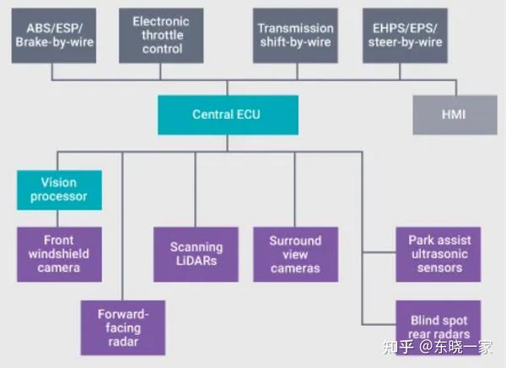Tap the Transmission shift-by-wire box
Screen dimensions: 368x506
click(x=295, y=35)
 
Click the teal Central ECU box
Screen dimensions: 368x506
click(x=228, y=115)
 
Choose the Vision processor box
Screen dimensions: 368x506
click(x=59, y=190)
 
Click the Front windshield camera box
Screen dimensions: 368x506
click(x=59, y=253)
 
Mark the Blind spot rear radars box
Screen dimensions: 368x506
click(x=439, y=326)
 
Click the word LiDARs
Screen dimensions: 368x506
click(x=196, y=261)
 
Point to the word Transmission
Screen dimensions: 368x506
click(x=295, y=28)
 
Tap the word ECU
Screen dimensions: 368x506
click(x=248, y=115)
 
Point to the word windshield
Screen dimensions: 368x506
click(x=59, y=253)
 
